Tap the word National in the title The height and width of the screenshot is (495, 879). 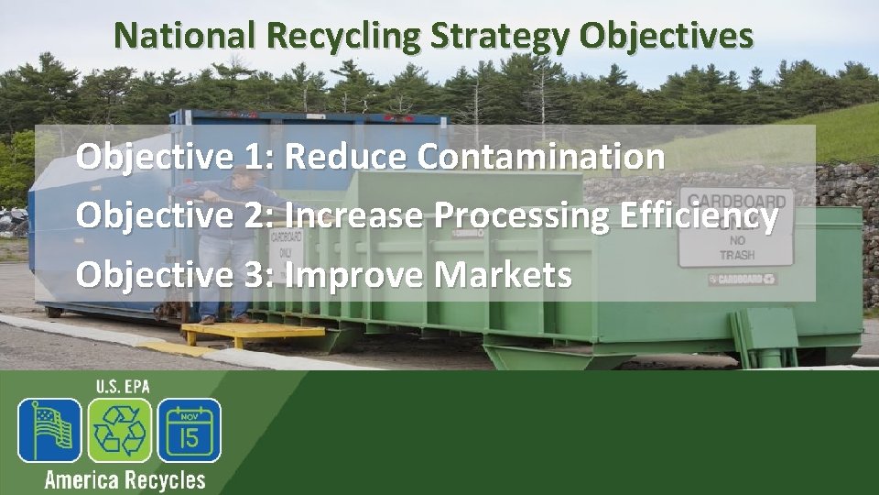pyautogui.click(x=188, y=37)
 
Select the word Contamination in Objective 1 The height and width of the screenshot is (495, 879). pyautogui.click(x=541, y=157)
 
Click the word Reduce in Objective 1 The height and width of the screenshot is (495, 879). pyautogui.click(x=347, y=157)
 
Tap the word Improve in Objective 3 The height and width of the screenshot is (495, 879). pyautogui.click(x=353, y=274)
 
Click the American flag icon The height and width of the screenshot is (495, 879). pyautogui.click(x=49, y=430)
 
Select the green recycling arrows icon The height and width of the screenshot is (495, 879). pyautogui.click(x=119, y=430)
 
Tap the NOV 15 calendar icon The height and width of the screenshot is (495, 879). pyautogui.click(x=189, y=430)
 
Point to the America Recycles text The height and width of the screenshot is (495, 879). pyautogui.click(x=125, y=479)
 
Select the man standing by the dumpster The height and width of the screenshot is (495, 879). pyautogui.click(x=221, y=247)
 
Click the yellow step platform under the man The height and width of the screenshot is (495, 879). pyautogui.click(x=253, y=332)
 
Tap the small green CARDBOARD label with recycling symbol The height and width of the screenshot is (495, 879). pyautogui.click(x=743, y=279)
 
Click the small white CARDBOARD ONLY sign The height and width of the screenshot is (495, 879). pyautogui.click(x=286, y=244)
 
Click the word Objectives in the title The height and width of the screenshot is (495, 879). pyautogui.click(x=667, y=37)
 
